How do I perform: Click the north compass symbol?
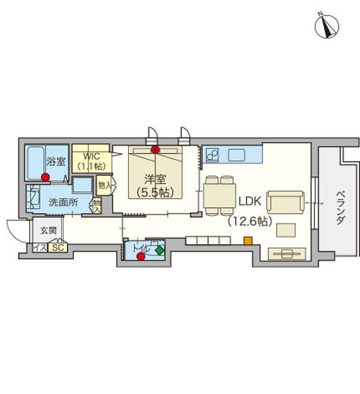(x=326, y=26)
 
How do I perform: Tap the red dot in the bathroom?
(x=45, y=177)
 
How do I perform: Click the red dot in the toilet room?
(x=141, y=257)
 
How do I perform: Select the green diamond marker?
(x=160, y=251)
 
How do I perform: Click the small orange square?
(x=248, y=240)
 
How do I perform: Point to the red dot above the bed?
(x=156, y=150)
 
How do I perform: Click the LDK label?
(x=250, y=202)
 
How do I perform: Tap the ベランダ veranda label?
(x=340, y=208)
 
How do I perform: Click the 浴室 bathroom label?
(x=56, y=162)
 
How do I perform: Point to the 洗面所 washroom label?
(x=63, y=202)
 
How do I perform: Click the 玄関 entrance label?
(x=49, y=230)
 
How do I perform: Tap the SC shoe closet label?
(x=58, y=248)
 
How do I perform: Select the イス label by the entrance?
(x=40, y=248)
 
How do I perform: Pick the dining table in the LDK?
(x=219, y=196)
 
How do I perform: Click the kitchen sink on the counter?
(x=236, y=155)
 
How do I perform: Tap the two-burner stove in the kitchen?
(x=212, y=155)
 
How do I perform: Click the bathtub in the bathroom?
(x=35, y=164)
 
